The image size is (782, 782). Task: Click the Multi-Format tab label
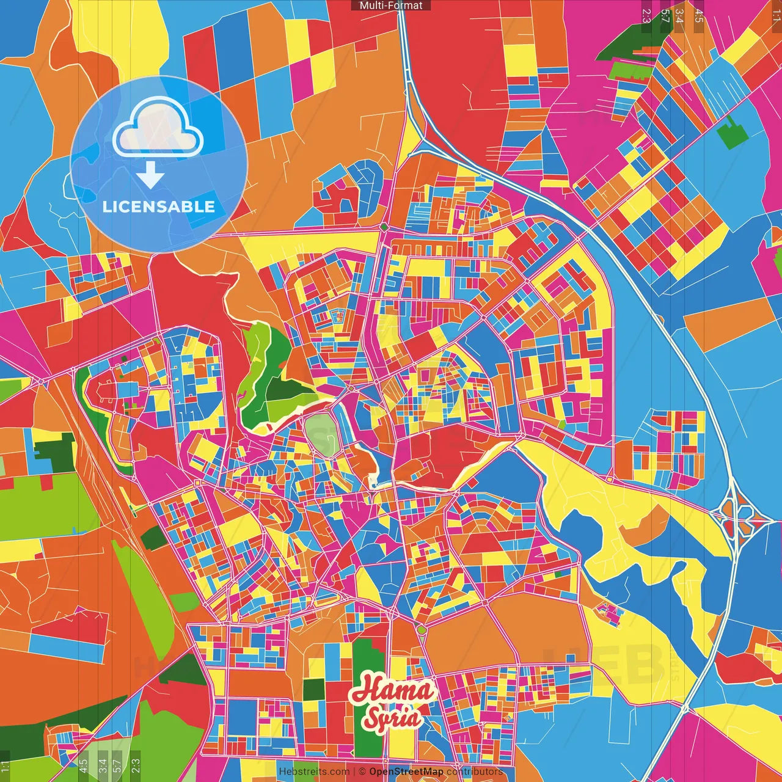pos(391,5)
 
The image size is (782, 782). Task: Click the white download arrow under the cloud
pos(150,176)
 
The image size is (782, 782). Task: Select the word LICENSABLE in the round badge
pos(159,206)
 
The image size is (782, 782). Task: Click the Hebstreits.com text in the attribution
pos(314,772)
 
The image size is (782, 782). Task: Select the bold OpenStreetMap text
pos(406,772)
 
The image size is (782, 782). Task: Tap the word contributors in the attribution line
pos(475,772)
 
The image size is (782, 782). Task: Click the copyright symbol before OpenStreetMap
pos(362,772)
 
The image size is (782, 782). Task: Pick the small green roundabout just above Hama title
pos(421,629)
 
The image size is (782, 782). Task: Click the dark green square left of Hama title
pos(313,689)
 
